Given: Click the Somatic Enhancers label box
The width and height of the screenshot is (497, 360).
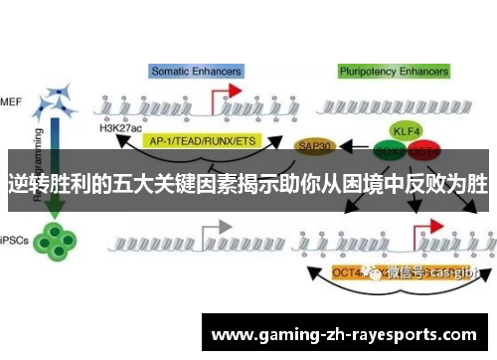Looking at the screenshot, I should [x=196, y=71].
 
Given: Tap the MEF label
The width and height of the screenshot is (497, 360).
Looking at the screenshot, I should [x=12, y=101].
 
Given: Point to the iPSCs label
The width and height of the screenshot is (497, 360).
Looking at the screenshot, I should [x=14, y=238].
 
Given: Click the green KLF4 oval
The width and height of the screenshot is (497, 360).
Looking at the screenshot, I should [x=404, y=130].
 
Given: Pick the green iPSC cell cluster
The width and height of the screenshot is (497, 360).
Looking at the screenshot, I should [x=56, y=238].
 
